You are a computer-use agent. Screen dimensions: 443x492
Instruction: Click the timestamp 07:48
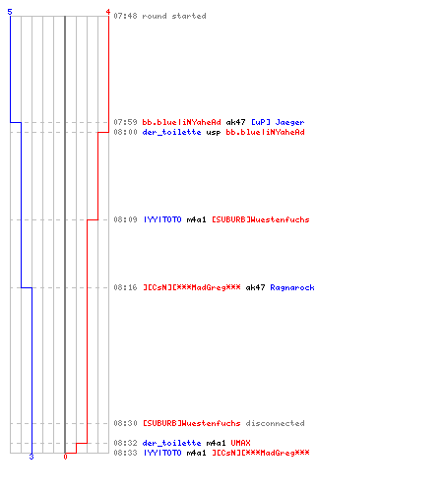125,16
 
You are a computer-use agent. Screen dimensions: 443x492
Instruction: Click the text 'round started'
174,16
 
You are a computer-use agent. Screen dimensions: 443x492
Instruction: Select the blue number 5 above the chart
10,12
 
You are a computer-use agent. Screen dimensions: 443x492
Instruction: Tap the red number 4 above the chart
108,12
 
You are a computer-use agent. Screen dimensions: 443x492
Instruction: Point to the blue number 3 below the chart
32,457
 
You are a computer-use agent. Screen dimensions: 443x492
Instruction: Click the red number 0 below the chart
65,457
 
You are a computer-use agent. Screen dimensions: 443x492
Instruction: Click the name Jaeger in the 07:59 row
289,122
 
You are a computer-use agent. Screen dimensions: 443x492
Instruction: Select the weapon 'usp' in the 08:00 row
214,132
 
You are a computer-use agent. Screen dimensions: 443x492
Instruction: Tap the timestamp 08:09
125,219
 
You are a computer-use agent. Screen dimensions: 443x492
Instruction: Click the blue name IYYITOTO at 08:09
162,219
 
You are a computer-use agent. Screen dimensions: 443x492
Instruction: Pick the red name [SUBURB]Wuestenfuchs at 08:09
261,219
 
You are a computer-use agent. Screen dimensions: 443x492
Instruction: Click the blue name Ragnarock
292,287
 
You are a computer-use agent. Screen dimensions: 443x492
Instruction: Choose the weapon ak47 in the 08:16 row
255,287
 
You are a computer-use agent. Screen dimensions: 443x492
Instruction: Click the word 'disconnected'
275,423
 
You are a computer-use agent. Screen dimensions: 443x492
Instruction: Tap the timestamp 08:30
125,423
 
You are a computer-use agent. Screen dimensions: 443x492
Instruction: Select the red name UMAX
240,443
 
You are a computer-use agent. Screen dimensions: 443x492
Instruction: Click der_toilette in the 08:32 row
171,443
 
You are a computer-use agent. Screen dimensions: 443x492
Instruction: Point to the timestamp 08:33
125,453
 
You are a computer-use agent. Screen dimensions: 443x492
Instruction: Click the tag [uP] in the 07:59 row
261,122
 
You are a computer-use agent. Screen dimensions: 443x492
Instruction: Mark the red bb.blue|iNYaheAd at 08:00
265,132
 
